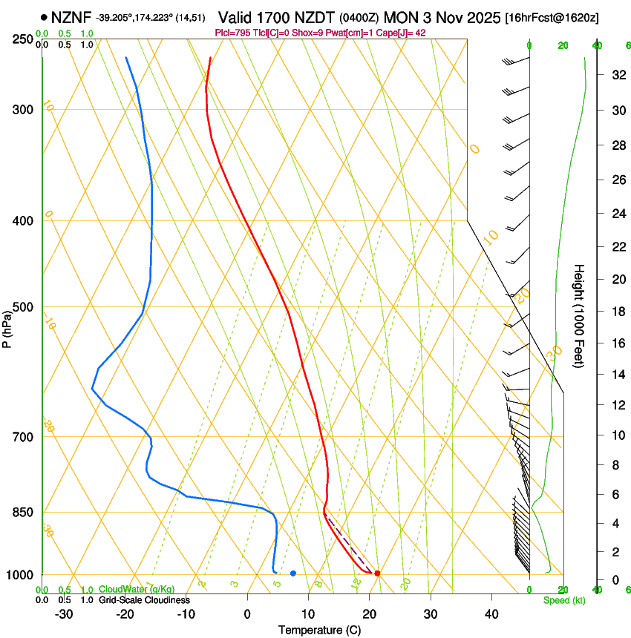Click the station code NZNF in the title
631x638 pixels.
[x=71, y=16]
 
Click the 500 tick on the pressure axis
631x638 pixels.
[x=22, y=307]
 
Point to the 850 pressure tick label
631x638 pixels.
[x=22, y=513]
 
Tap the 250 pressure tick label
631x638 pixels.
[x=22, y=39]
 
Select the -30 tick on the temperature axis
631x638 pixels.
[x=64, y=614]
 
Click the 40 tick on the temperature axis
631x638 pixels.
[x=491, y=614]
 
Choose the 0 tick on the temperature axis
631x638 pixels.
[x=248, y=614]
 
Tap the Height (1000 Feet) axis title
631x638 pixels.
[x=579, y=315]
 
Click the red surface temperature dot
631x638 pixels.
[x=377, y=573]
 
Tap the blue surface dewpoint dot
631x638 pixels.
[x=293, y=573]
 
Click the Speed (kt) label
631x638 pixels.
[x=563, y=600]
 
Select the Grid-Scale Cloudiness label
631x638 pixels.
[x=144, y=600]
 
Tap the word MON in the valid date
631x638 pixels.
[x=402, y=16]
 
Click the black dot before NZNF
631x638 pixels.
[x=45, y=16]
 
